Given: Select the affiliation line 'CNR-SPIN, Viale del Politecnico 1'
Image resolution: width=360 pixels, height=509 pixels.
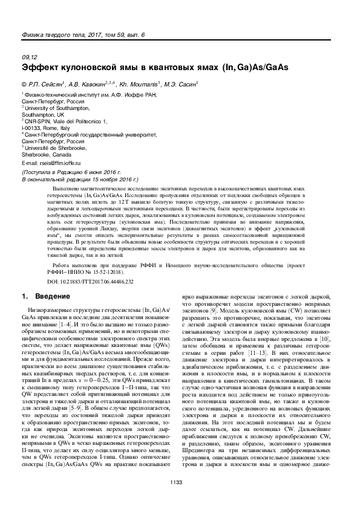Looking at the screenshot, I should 65,122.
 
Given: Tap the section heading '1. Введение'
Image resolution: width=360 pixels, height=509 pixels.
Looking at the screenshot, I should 42,297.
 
